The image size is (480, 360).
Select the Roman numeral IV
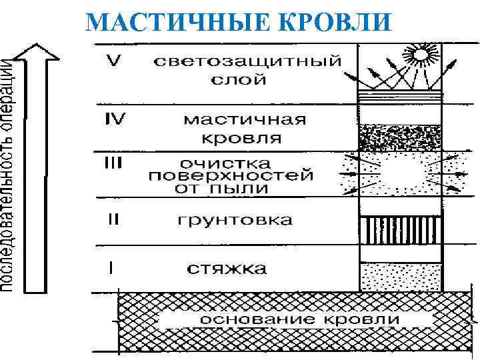pyautogui.click(x=117, y=120)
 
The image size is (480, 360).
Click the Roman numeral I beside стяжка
pyautogui.click(x=111, y=268)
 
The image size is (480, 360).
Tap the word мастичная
pyautogui.click(x=245, y=121)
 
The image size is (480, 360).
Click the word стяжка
pyautogui.click(x=227, y=269)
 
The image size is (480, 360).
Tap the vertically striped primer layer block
pyautogui.click(x=401, y=231)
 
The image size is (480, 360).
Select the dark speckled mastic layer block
pyautogui.click(x=401, y=137)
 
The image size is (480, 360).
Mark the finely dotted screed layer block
pyautogui.click(x=401, y=276)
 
